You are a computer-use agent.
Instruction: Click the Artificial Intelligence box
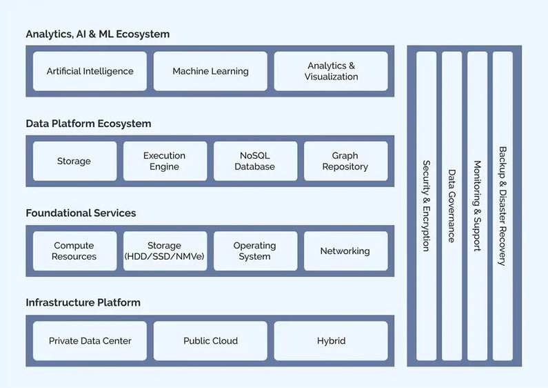(90, 71)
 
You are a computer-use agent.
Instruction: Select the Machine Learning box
(210, 71)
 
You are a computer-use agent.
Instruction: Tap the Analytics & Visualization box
(331, 71)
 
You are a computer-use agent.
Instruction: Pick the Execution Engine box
(165, 161)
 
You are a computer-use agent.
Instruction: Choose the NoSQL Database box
(255, 161)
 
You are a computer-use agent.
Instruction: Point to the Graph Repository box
(345, 161)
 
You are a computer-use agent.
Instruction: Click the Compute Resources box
(74, 251)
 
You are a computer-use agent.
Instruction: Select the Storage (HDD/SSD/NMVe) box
(165, 251)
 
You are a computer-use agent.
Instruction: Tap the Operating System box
(255, 251)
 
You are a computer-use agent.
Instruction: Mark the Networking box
(345, 251)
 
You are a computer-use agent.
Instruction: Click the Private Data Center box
(90, 340)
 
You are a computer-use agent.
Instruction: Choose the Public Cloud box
(210, 340)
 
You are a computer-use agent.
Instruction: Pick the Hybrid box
(331, 340)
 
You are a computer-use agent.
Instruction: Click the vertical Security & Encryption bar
(427, 206)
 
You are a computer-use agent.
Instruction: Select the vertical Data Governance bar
(451, 206)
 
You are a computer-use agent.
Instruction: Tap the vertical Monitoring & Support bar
(477, 206)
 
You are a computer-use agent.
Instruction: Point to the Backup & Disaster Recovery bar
(503, 206)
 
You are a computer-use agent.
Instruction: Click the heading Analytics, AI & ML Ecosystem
(97, 34)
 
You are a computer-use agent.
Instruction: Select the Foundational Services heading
(81, 213)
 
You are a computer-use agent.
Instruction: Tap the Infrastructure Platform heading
(83, 302)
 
